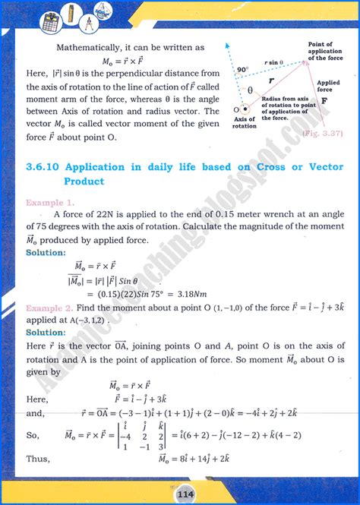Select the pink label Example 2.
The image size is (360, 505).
pos(50,309)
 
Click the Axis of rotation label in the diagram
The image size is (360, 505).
pos(245,124)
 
